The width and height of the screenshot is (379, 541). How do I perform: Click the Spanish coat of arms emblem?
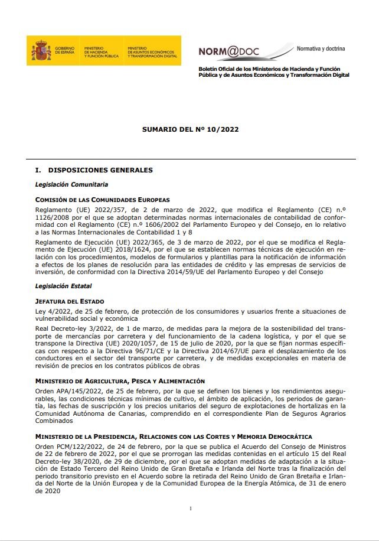point(41,51)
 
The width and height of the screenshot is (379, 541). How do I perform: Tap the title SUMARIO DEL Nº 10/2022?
point(190,129)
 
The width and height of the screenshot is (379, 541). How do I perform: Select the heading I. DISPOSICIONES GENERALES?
point(94,170)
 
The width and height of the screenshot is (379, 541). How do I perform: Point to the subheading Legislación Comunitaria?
point(71,184)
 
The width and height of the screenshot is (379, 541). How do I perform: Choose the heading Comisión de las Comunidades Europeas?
point(102,200)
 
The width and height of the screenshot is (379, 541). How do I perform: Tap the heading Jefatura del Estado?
point(70,301)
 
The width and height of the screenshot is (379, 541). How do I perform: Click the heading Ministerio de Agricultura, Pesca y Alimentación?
point(120,382)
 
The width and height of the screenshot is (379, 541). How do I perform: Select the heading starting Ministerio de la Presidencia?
point(174,436)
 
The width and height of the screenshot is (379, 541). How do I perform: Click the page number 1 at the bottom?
point(191,508)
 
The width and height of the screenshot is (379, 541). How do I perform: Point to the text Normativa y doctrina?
point(321,48)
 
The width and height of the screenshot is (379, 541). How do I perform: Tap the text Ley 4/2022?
point(54,311)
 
